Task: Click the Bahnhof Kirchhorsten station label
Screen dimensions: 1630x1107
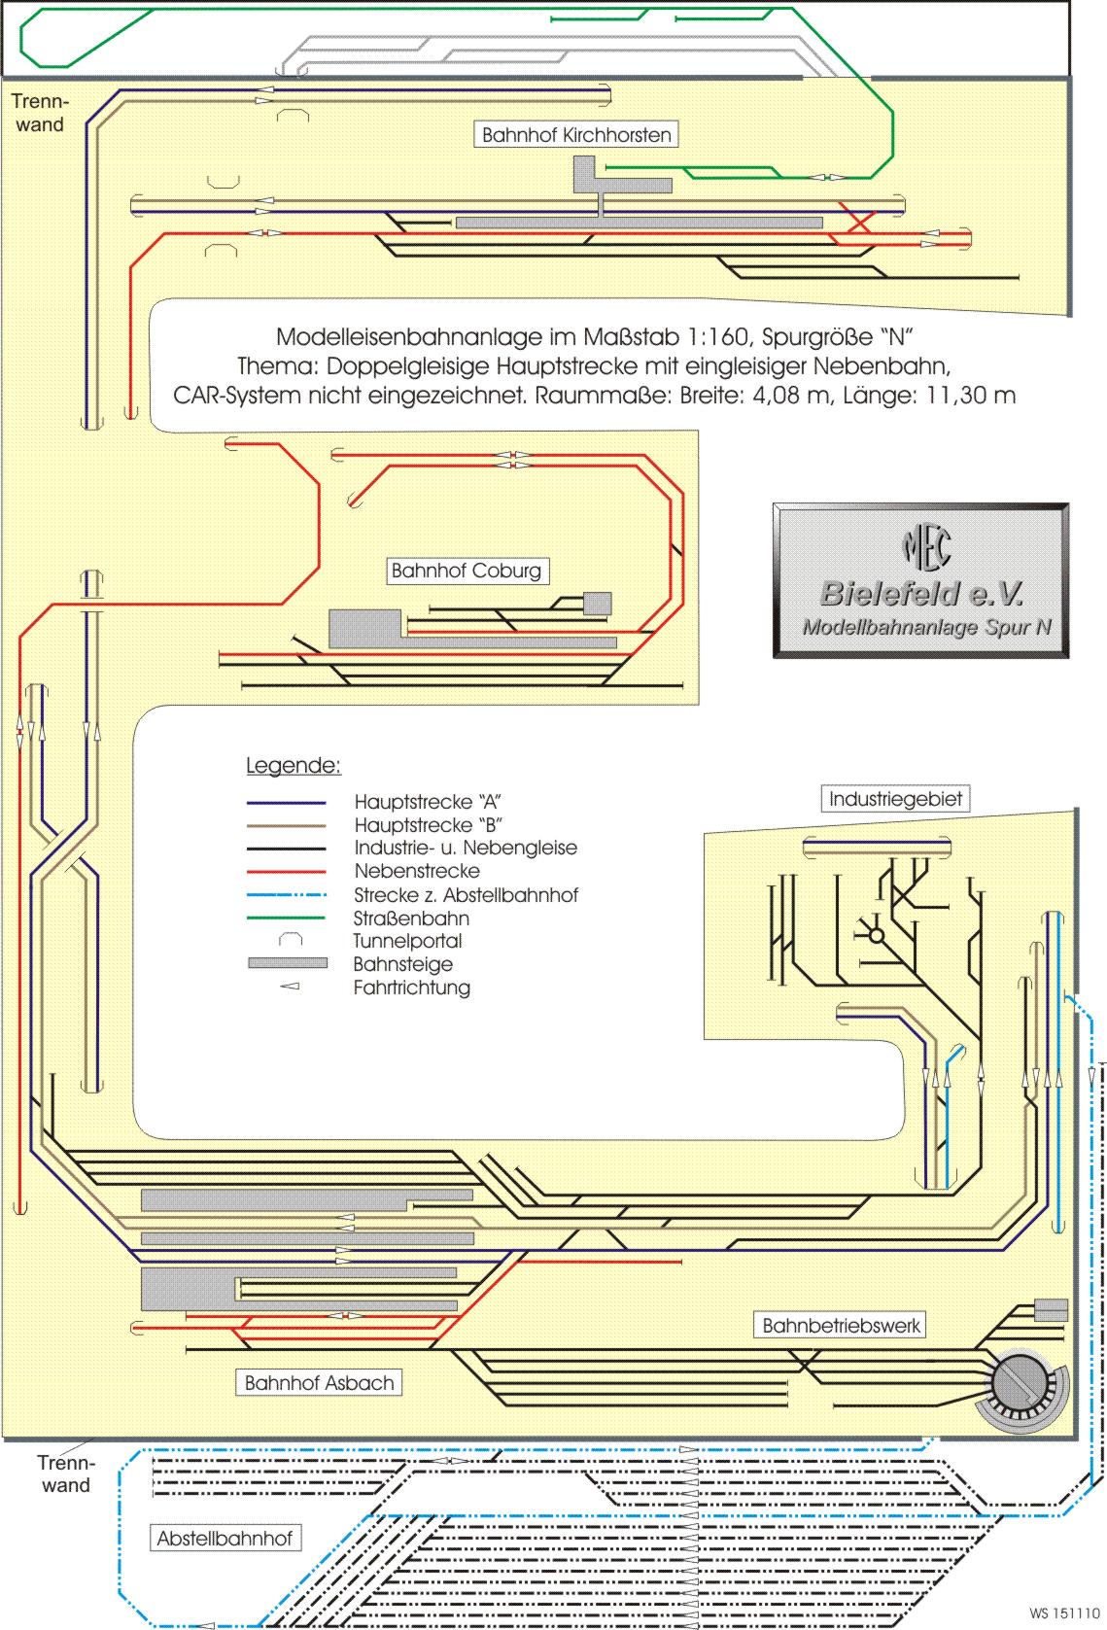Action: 576,135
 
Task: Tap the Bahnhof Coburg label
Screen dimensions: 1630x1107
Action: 466,571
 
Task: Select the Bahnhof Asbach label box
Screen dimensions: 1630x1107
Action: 319,1383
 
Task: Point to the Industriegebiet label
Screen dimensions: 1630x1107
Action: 895,799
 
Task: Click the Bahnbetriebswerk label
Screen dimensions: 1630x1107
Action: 841,1325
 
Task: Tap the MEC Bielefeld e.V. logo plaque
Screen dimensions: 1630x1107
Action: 920,581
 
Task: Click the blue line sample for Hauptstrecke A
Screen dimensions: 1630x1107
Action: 286,803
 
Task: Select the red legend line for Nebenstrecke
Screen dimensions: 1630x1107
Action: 286,872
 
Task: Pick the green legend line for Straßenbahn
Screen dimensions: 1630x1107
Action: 286,919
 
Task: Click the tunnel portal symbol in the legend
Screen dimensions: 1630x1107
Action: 291,941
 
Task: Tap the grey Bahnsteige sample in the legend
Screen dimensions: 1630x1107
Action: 287,964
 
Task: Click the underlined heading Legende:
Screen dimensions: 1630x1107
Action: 293,765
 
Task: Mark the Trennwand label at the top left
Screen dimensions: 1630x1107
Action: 39,113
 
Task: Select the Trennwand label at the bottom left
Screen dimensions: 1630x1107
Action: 66,1474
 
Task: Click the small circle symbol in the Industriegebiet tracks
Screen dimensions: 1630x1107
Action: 877,935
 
